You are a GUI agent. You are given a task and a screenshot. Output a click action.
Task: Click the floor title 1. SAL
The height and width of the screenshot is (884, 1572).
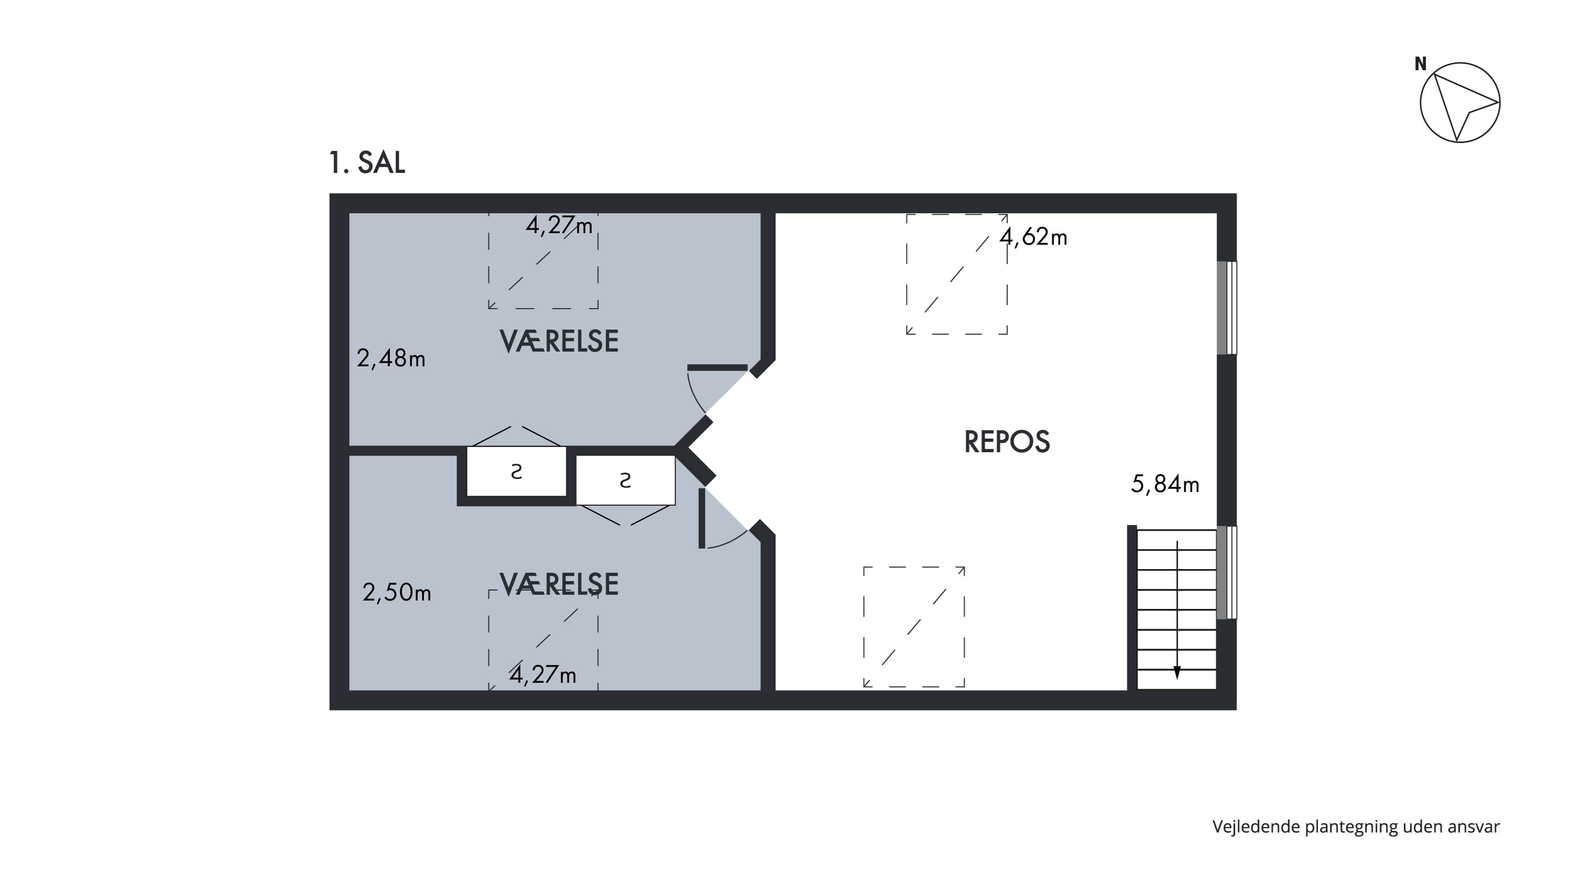click(x=367, y=163)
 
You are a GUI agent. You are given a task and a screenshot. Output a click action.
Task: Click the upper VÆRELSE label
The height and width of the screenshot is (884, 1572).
click(x=559, y=341)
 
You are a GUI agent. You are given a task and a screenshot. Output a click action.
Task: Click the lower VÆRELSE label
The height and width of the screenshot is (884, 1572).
click(x=559, y=584)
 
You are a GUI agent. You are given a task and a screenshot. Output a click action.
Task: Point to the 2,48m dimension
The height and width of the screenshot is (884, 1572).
click(x=390, y=358)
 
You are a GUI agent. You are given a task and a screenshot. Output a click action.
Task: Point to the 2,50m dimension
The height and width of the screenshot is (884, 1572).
click(x=397, y=592)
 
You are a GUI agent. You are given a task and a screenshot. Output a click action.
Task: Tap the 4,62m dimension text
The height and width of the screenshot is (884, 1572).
click(x=1033, y=237)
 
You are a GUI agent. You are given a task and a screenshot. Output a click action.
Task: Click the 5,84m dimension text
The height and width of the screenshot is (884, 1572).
click(x=1164, y=484)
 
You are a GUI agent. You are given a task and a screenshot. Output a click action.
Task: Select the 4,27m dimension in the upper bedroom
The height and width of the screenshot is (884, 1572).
click(x=559, y=226)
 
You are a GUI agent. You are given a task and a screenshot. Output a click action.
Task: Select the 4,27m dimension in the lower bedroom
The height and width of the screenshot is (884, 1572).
click(x=542, y=675)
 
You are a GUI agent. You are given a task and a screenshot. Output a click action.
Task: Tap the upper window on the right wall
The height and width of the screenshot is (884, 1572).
click(x=1227, y=308)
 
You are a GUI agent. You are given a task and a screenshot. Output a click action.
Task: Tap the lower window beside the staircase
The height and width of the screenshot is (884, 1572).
click(x=1227, y=572)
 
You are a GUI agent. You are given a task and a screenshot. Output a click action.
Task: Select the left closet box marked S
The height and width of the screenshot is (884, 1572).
click(x=516, y=472)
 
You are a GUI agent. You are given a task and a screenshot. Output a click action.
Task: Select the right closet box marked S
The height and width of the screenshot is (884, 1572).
click(x=626, y=481)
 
